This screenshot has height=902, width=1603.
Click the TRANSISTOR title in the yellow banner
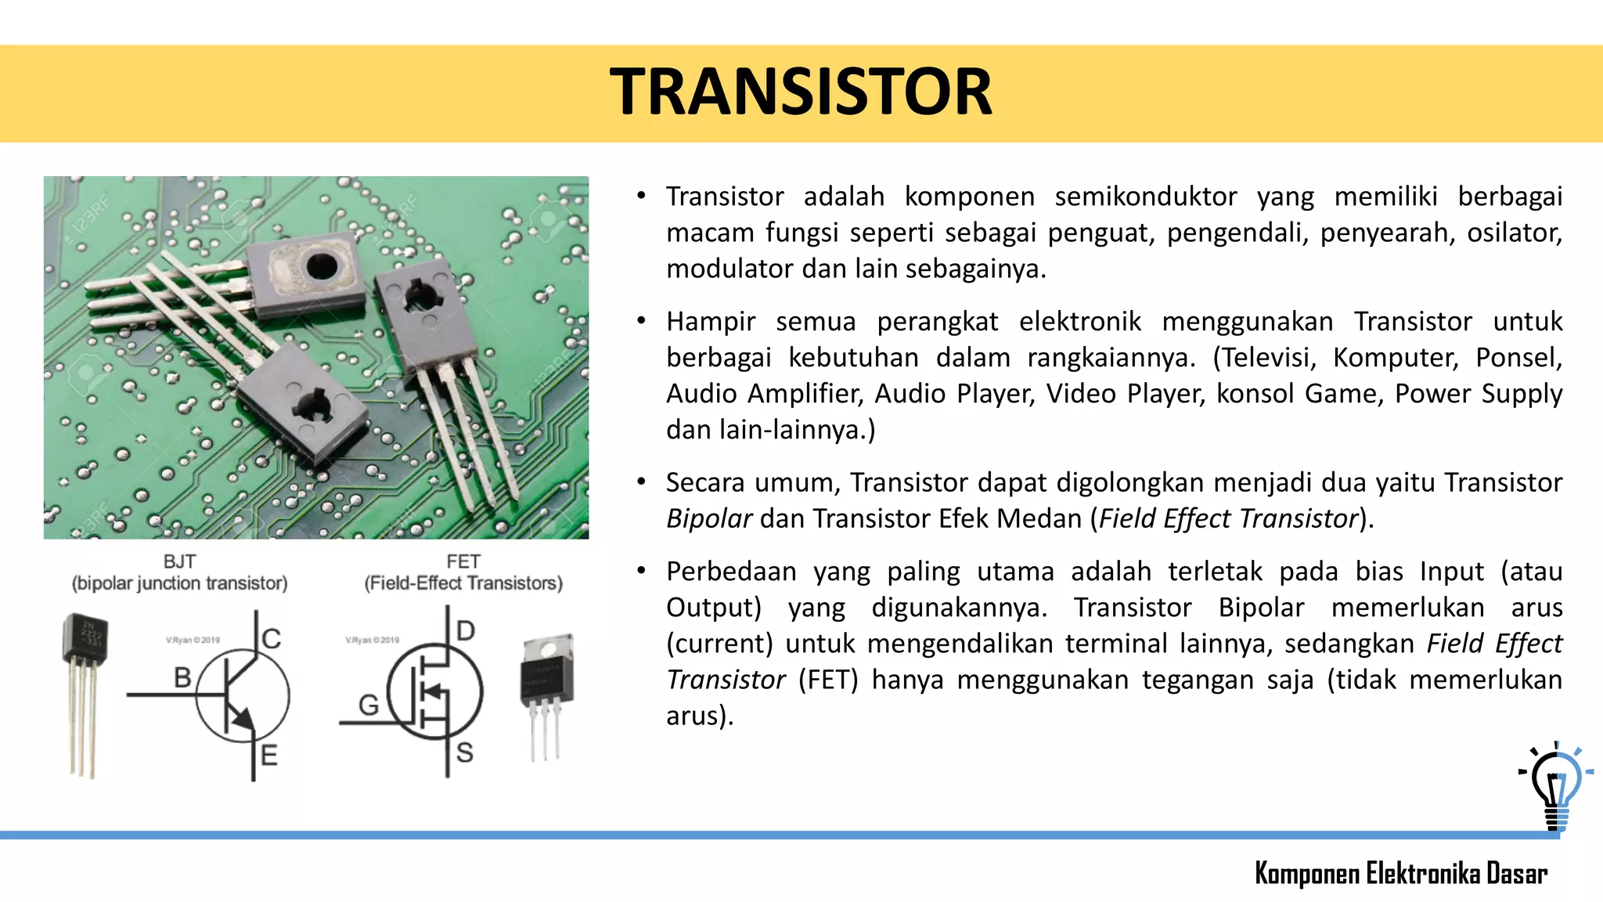(801, 92)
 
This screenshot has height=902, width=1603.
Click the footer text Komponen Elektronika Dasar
(1400, 873)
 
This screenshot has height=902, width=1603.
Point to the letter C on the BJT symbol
(272, 638)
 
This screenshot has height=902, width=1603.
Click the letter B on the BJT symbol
(182, 677)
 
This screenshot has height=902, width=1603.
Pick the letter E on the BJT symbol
(268, 756)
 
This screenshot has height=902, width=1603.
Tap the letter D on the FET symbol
(466, 630)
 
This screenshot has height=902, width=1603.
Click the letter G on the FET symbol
(368, 705)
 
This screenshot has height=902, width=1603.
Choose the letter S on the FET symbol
(465, 752)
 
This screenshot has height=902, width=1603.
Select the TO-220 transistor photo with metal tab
(547, 693)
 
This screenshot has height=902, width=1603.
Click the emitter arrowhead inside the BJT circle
(244, 719)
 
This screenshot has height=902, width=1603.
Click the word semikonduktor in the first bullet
(1145, 197)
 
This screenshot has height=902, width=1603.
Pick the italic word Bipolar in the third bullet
(708, 519)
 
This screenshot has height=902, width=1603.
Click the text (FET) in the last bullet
(828, 680)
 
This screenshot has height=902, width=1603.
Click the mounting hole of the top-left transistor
(322, 266)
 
